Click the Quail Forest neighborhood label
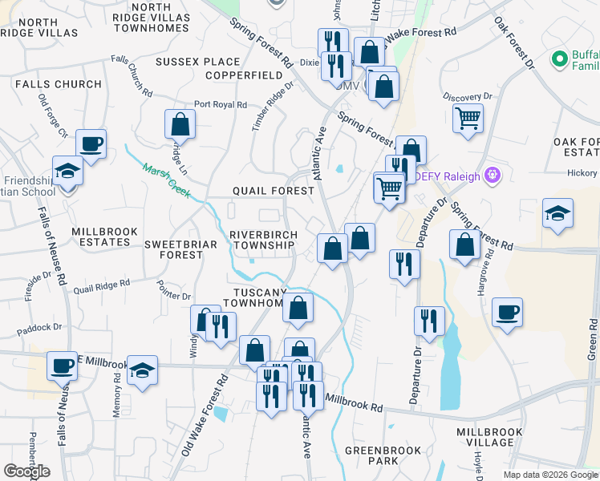(273, 191)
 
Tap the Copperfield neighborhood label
(244, 75)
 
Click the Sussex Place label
(198, 62)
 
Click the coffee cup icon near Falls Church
(91, 144)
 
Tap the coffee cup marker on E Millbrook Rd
(62, 366)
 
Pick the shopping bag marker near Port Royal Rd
(180, 124)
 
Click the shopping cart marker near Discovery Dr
(468, 119)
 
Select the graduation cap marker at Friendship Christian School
(68, 170)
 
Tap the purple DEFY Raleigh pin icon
(493, 175)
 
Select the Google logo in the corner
(26, 471)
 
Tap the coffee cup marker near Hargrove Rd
(507, 312)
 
